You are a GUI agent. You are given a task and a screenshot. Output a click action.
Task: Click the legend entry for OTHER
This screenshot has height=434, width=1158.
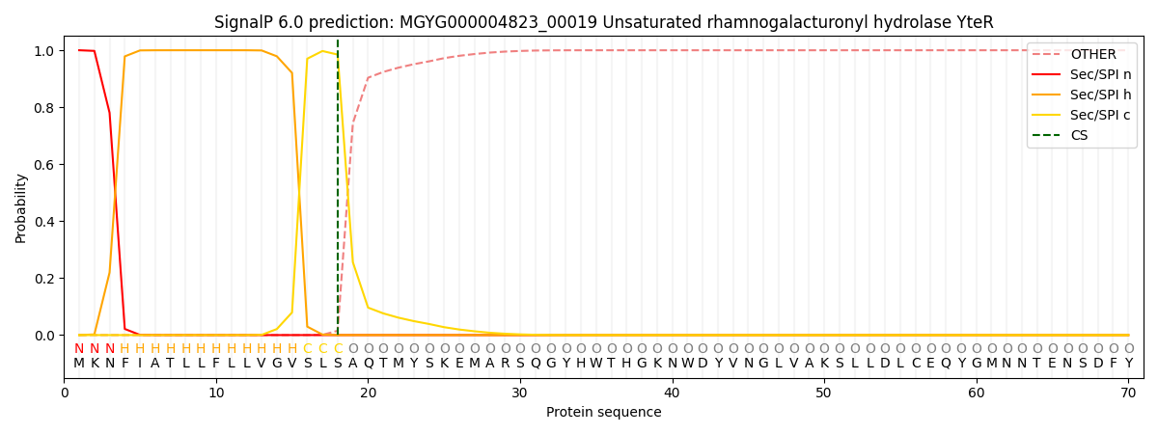coord(1092,54)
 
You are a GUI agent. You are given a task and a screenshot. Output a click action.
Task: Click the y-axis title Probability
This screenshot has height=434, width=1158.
coord(20,207)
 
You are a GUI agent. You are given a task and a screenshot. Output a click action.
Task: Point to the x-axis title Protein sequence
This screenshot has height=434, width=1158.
coord(604,412)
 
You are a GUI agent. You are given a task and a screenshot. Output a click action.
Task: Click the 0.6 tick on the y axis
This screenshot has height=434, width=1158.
coord(44,165)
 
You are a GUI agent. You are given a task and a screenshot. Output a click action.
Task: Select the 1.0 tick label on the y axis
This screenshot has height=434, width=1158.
coord(44,51)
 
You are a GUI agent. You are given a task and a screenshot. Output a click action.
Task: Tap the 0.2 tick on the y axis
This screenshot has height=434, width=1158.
coord(44,279)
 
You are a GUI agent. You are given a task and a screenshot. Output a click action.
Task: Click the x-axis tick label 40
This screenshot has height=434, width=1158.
coord(672,393)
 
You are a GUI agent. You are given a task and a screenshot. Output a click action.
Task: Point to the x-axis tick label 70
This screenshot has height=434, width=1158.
coord(1128,393)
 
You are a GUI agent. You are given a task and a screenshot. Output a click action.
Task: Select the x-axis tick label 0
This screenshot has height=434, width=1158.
coord(65,393)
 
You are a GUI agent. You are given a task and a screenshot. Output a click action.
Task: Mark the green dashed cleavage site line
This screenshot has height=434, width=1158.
coord(338,193)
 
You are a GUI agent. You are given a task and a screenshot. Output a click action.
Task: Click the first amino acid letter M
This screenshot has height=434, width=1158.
coord(79,364)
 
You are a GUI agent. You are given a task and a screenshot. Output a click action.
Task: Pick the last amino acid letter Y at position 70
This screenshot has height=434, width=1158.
coord(1128,364)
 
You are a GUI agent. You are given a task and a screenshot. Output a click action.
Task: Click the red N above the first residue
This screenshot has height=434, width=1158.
coord(79,349)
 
